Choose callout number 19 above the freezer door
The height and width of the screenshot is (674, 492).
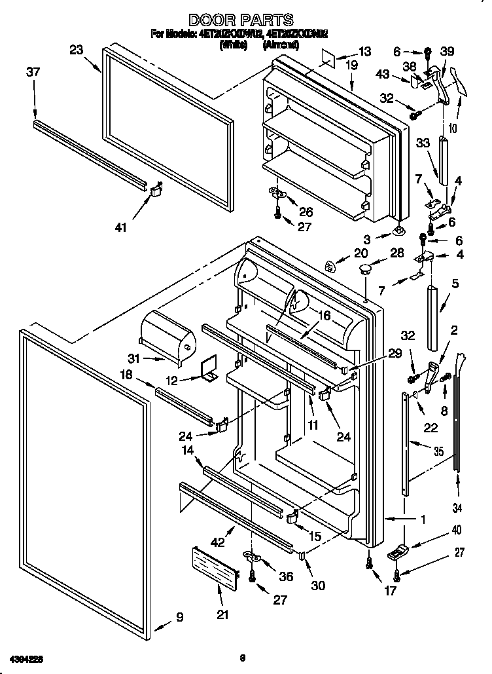point(351,66)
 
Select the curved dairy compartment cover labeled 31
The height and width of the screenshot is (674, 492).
point(168,335)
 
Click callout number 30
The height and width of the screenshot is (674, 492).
point(318,585)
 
